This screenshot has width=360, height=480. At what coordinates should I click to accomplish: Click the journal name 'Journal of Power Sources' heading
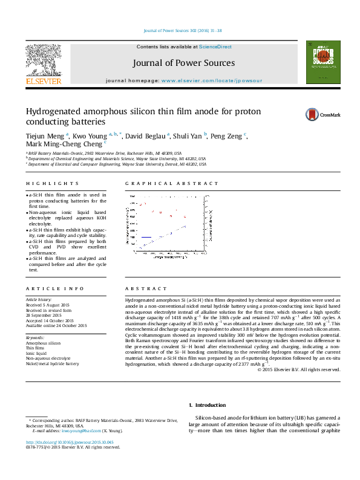pos(185,63)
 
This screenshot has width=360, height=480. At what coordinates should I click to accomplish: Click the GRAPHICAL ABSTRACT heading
pos(171,183)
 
